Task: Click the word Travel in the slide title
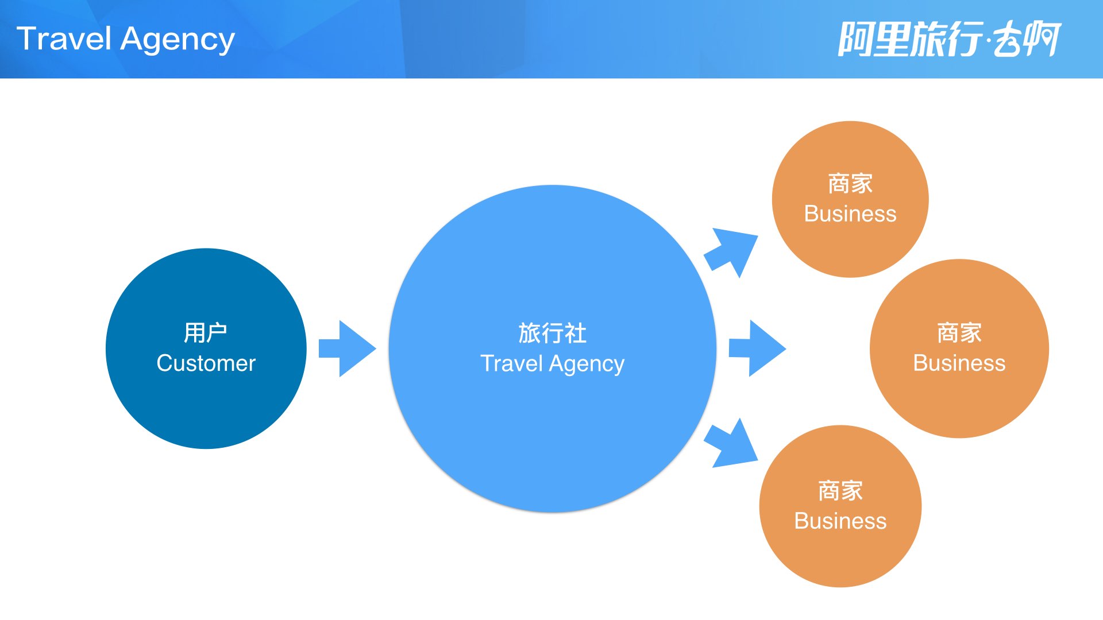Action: [64, 39]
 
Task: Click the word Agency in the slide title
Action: [178, 40]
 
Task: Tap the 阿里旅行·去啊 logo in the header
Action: [949, 39]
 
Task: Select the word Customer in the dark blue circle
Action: [206, 363]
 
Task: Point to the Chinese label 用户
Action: [206, 333]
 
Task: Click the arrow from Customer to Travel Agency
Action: [348, 348]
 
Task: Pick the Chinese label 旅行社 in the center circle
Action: [552, 333]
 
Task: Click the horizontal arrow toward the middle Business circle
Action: [757, 348]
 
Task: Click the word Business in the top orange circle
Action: [850, 214]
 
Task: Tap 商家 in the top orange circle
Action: [850, 184]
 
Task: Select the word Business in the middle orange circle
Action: [959, 363]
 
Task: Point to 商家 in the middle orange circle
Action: [959, 333]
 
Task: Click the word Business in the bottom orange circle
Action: [840, 521]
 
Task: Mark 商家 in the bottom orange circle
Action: [840, 491]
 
